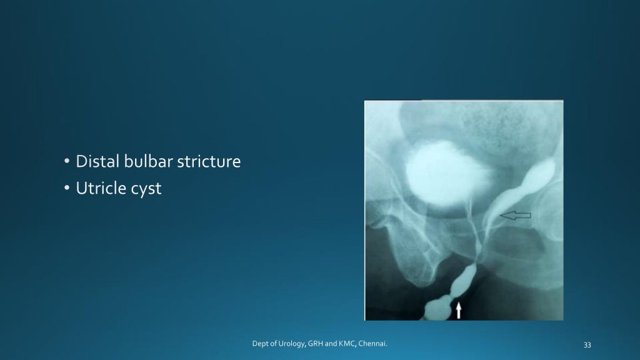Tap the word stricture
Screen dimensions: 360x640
pyautogui.click(x=207, y=162)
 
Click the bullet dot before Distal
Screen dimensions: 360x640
pyautogui.click(x=67, y=162)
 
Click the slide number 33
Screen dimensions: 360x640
pyautogui.click(x=586, y=344)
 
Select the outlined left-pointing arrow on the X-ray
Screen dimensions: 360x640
pyautogui.click(x=516, y=216)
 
